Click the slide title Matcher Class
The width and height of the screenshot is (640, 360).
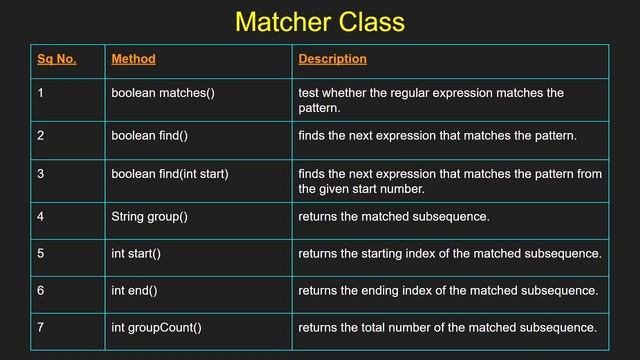pos(319,21)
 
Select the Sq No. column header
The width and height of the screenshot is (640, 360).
pos(57,59)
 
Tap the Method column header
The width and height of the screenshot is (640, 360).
pos(133,59)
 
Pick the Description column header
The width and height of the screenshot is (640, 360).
pos(332,59)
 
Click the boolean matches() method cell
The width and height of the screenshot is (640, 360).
pos(163,93)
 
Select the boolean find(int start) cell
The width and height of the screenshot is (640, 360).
pos(170,174)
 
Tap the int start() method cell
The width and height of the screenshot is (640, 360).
pos(136,254)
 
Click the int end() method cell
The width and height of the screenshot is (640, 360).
pos(134,290)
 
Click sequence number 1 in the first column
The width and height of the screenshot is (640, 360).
pos(41,93)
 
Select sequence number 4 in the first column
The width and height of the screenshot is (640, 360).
pos(41,215)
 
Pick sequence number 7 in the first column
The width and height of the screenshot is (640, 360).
pos(41,327)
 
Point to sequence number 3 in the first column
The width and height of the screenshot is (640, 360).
pos(41,174)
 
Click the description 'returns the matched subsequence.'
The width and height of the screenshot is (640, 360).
pos(393,215)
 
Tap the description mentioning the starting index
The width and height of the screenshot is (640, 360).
pos(450,254)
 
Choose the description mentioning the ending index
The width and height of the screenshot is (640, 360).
pos(448,290)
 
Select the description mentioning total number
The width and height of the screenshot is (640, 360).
pos(447,327)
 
